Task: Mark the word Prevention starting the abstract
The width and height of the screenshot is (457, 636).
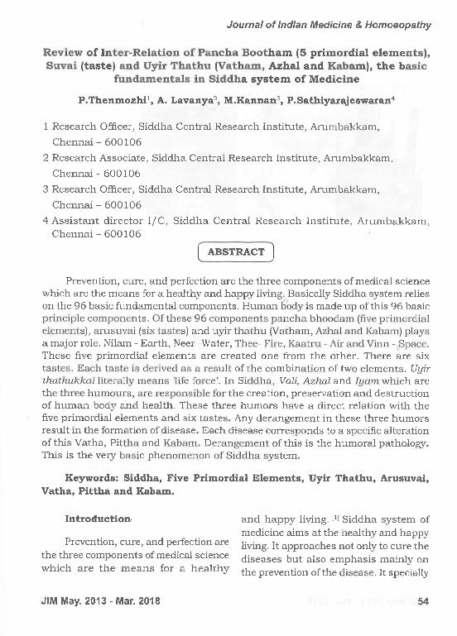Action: point(94,281)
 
